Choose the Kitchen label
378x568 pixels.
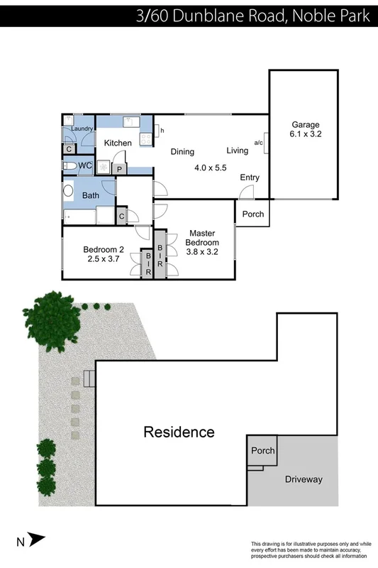(118, 143)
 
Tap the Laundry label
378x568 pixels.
(82, 129)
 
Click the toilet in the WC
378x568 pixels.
(70, 165)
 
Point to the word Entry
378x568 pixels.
(250, 177)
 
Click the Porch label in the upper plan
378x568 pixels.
(253, 214)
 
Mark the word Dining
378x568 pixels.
(182, 151)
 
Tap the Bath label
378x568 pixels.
(91, 195)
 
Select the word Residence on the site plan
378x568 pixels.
(179, 432)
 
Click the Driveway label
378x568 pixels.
(304, 479)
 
